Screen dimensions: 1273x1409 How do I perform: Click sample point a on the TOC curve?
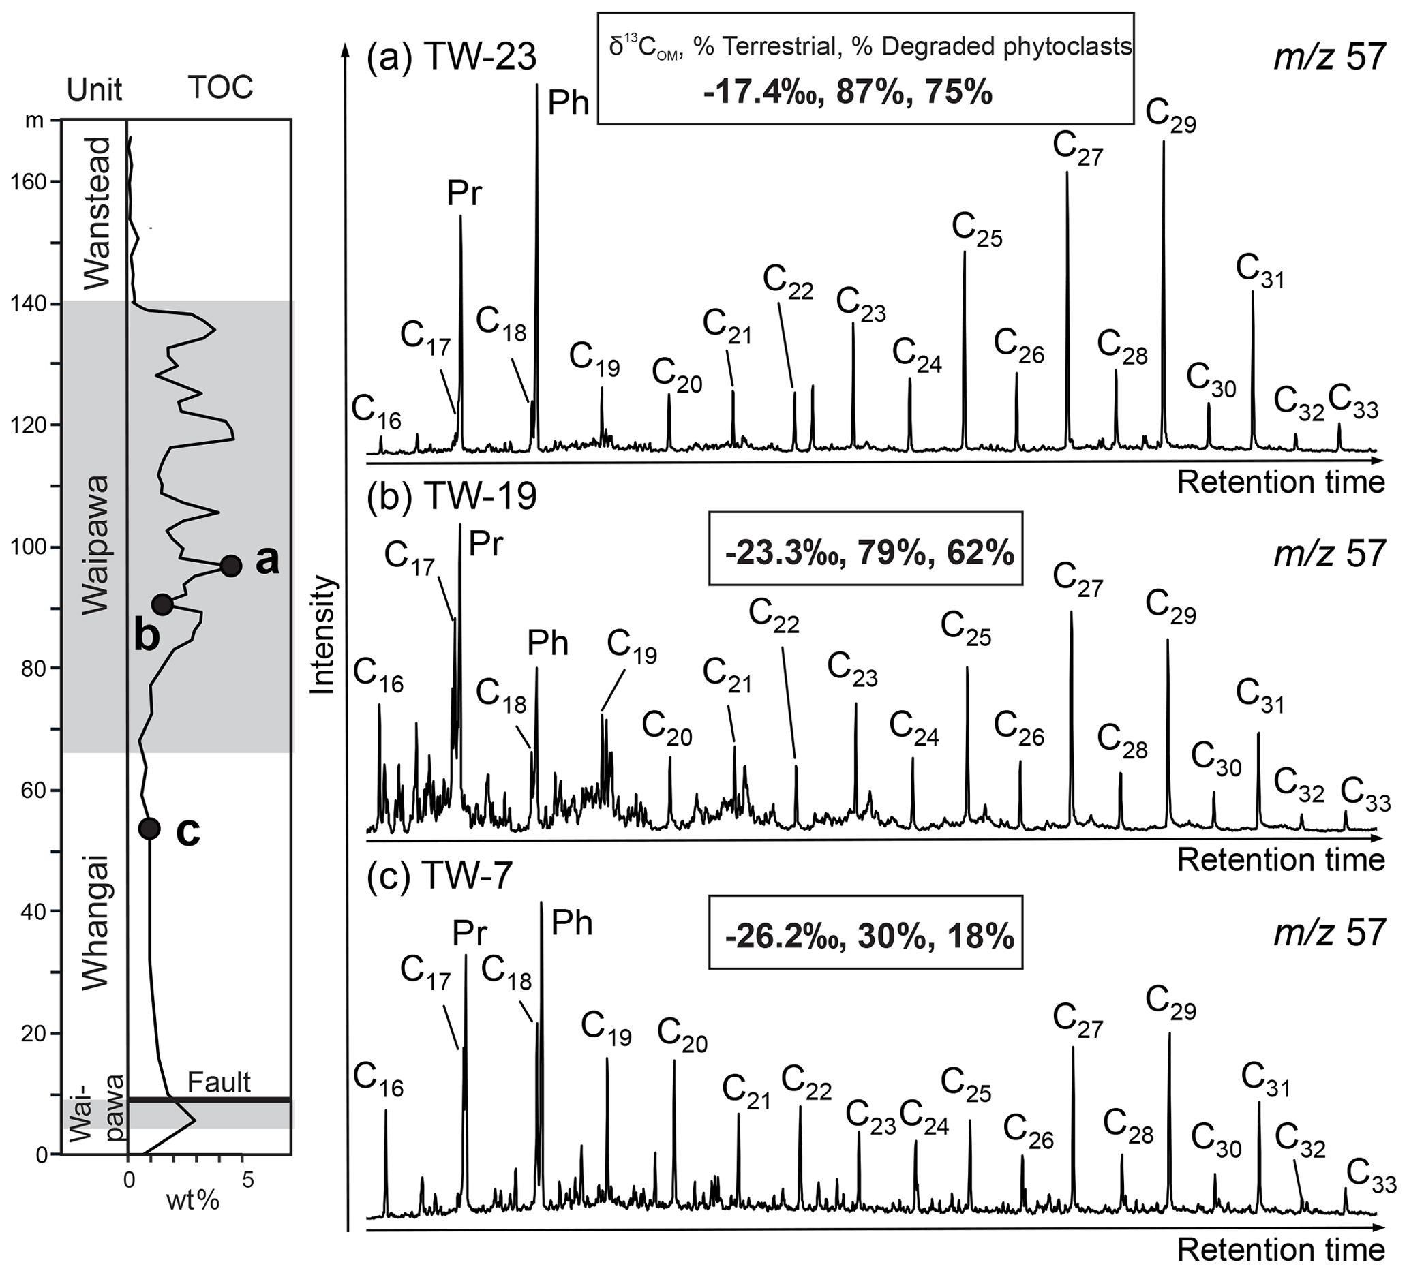click(x=230, y=566)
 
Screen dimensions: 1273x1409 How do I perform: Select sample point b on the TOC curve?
click(x=162, y=604)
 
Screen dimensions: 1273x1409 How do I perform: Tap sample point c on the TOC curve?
click(x=149, y=829)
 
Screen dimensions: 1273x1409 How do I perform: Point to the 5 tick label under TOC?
click(x=247, y=1180)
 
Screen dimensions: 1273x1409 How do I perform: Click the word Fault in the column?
click(x=219, y=1083)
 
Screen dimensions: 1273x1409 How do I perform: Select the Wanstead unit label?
click(x=95, y=214)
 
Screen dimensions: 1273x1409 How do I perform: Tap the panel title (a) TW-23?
click(x=451, y=57)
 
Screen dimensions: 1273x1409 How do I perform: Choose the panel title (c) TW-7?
click(x=440, y=876)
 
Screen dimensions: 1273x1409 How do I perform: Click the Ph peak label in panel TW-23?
click(x=569, y=104)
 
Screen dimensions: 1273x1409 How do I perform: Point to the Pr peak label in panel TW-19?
click(x=486, y=545)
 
